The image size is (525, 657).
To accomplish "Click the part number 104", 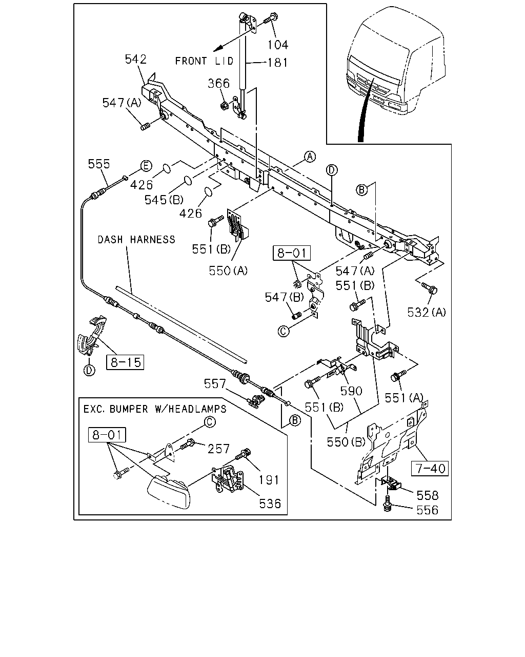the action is (277, 45).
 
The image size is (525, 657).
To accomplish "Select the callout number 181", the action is (277, 63).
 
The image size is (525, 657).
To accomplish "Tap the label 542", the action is (136, 59).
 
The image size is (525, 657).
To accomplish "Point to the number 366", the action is (219, 83).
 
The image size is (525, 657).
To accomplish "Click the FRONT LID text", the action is (204, 61).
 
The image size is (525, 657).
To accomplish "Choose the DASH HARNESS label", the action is (136, 239).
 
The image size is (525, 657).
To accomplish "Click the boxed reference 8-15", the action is (125, 362).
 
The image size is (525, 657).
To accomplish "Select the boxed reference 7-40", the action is (430, 468).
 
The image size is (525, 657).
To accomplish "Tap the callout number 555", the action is (99, 164).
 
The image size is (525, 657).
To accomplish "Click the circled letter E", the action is (146, 166).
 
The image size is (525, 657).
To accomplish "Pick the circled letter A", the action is (310, 157).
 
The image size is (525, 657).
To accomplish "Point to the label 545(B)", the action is (164, 200).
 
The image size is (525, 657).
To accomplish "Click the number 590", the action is (351, 391).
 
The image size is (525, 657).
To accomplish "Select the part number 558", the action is (428, 495).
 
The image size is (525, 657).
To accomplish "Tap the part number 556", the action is (428, 510).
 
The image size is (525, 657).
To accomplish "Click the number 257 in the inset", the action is (218, 449).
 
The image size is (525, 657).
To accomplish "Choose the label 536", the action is (270, 504).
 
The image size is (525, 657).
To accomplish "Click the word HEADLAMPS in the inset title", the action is (197, 409).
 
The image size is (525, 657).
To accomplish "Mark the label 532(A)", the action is (427, 312).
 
